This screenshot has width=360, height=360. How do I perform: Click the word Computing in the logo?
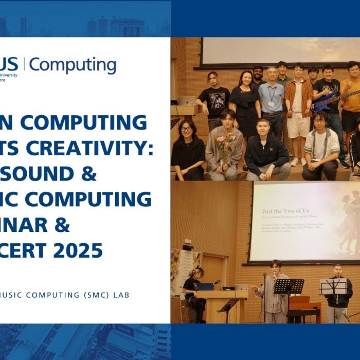[x=73, y=65]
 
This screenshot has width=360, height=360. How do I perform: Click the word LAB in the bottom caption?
[x=121, y=295]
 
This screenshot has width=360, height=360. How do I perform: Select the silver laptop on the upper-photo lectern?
[x=186, y=100]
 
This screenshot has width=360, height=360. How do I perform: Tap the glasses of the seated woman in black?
[x=186, y=129]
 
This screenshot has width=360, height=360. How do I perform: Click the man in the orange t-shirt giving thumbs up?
[x=351, y=93]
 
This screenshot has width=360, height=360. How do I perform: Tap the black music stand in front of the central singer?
[x=288, y=286]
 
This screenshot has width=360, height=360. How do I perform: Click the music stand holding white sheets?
[x=333, y=286]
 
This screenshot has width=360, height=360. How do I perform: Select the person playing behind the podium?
[x=192, y=291]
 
